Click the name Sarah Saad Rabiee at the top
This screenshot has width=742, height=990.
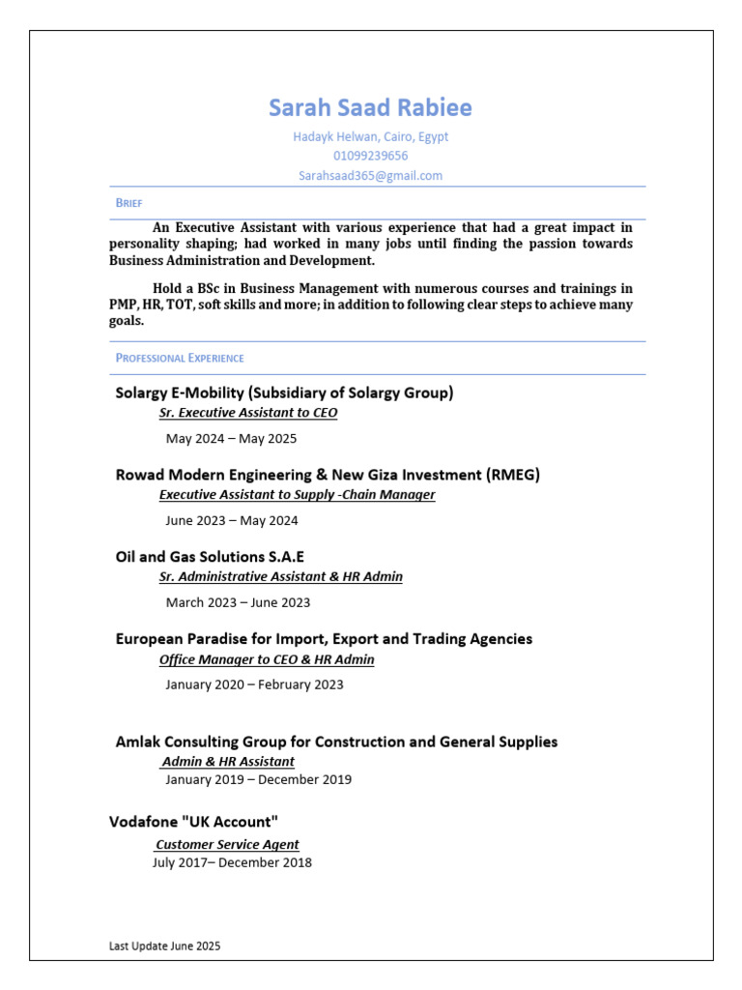pos(370,107)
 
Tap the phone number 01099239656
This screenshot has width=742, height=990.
pos(370,156)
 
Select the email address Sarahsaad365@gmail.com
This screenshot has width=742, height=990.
pos(370,175)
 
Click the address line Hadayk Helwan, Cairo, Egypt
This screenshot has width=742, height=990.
pos(370,136)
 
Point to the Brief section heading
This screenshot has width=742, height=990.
pos(128,203)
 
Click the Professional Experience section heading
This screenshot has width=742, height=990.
pos(180,358)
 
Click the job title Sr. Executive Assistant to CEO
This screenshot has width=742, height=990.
pos(248,413)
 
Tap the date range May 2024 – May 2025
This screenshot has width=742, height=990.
pos(231,438)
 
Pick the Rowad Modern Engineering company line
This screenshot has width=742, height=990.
pos(328,475)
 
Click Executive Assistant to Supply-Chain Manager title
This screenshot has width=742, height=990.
pos(297,495)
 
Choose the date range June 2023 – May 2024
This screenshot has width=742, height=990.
pos(232,520)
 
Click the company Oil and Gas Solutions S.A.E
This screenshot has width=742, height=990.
pos(210,557)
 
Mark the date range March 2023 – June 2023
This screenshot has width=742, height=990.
pos(238,602)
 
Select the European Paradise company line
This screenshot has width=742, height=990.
pos(324,639)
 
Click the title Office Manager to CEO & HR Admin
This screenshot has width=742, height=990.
pos(267,659)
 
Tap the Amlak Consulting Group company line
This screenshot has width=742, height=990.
pos(336,742)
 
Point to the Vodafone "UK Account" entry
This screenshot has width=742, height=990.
pos(193,822)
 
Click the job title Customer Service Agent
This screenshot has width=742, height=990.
pos(227,844)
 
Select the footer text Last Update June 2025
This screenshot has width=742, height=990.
pos(164,946)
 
